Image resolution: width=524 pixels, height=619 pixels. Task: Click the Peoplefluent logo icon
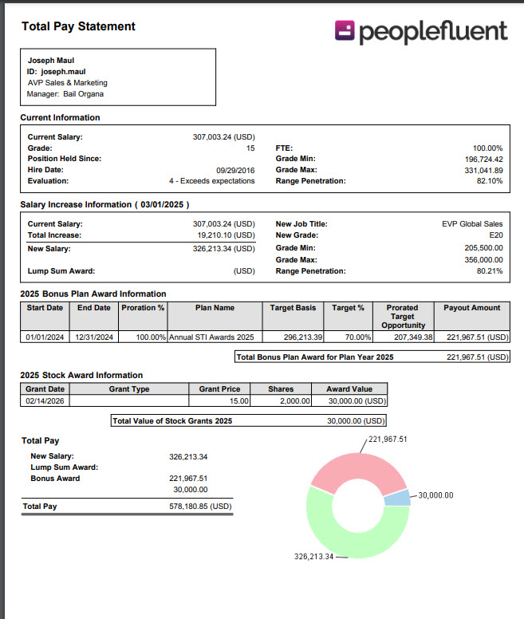click(345, 30)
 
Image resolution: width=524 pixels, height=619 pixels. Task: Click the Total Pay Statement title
click(78, 26)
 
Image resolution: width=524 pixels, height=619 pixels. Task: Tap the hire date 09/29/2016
click(235, 170)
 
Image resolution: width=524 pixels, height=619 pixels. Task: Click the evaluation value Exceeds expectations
click(211, 181)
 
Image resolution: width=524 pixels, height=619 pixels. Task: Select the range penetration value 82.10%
click(490, 181)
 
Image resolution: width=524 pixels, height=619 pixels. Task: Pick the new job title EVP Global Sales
click(472, 224)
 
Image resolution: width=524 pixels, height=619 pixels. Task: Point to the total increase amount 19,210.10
click(226, 235)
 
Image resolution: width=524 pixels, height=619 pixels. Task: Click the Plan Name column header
click(215, 307)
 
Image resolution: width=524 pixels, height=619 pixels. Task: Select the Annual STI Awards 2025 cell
click(211, 337)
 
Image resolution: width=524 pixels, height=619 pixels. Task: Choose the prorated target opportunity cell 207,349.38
click(403, 337)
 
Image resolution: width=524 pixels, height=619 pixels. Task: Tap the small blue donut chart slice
click(397, 498)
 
